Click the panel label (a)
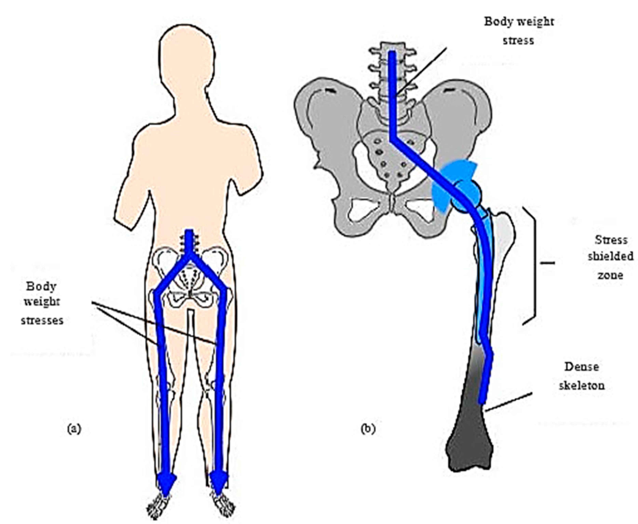(x=74, y=429)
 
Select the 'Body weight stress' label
(x=519, y=31)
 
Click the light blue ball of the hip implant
(x=467, y=195)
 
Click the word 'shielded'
(x=610, y=257)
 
